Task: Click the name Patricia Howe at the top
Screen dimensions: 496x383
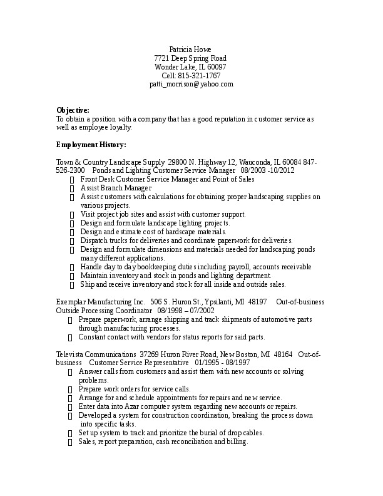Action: coord(190,49)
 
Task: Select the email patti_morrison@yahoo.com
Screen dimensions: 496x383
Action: coord(191,84)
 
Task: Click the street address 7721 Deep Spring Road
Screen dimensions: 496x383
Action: coord(190,58)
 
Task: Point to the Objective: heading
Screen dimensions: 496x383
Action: coord(73,110)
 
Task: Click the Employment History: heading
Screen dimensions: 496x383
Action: coord(91,145)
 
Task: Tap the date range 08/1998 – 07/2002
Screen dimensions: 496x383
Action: coord(186,311)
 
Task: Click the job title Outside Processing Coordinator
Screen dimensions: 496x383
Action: coord(105,311)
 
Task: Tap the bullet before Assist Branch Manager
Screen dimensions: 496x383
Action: coord(73,189)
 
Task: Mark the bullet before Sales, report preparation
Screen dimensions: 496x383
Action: coord(70,442)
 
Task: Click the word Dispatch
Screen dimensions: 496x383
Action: coord(93,240)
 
